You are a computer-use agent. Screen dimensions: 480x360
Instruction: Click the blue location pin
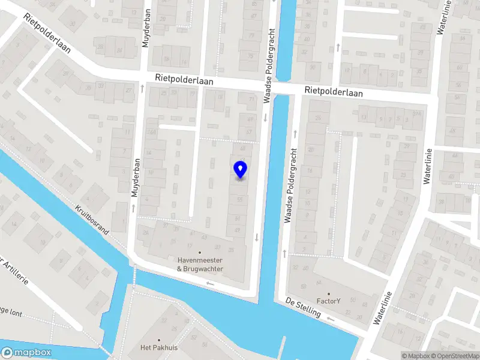pyautogui.click(x=240, y=169)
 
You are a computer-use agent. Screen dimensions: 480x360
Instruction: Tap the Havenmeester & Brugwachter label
pyautogui.click(x=200, y=265)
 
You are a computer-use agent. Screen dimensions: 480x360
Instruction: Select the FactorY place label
pyautogui.click(x=328, y=301)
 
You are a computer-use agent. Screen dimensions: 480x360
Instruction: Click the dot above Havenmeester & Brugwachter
pyautogui.click(x=200, y=253)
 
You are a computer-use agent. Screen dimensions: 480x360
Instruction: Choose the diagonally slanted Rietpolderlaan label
pyautogui.click(x=48, y=34)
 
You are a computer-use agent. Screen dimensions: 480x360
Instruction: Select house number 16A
pyautogui.click(x=152, y=131)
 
